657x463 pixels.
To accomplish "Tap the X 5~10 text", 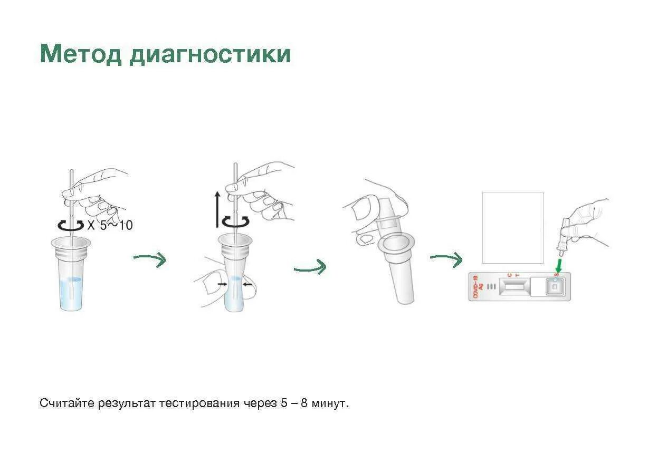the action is click(x=110, y=225).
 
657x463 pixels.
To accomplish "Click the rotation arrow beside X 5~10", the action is click(x=70, y=225).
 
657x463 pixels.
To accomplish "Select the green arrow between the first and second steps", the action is click(x=150, y=258).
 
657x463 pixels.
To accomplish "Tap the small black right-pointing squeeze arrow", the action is click(x=221, y=285).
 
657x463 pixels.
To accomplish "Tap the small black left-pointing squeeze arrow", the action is click(x=246, y=285).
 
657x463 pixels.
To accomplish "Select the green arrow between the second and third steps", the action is click(x=310, y=267).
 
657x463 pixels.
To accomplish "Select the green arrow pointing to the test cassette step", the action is click(x=446, y=258).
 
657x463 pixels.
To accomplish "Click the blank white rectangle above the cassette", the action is click(x=512, y=228).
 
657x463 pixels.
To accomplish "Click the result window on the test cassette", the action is click(x=513, y=286).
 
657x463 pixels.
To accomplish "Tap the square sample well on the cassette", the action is click(x=554, y=286).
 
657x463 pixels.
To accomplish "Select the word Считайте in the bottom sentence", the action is click(x=66, y=403).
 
